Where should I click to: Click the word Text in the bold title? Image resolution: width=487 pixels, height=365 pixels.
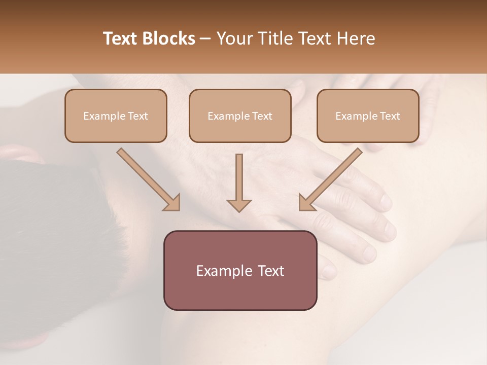[x=120, y=39]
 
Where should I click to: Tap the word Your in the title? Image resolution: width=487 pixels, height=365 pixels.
[x=233, y=39]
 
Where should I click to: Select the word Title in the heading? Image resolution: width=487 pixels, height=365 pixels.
[x=272, y=39]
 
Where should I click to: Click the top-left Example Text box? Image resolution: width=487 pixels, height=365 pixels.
[x=116, y=116]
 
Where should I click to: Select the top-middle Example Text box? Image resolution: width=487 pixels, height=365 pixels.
[x=240, y=116]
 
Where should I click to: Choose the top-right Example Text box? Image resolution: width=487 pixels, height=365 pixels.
[x=368, y=116]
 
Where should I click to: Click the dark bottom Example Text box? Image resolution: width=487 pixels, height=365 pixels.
[x=240, y=270]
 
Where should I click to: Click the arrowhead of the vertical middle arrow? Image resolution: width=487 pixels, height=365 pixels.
[x=239, y=205]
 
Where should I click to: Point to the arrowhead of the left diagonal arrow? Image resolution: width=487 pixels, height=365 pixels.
[x=172, y=203]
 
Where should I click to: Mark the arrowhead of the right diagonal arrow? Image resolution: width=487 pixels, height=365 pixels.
[x=306, y=203]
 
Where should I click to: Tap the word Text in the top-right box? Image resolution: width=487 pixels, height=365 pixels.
[x=390, y=116]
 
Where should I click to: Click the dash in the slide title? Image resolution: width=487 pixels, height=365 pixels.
[x=205, y=39]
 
